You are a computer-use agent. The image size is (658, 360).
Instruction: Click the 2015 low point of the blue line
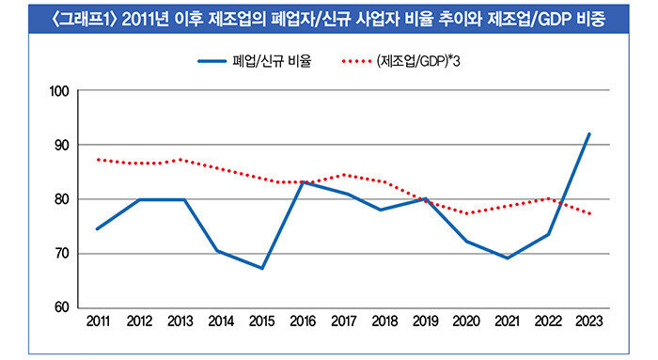coord(262,268)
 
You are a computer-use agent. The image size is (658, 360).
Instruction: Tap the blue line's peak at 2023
coord(589,133)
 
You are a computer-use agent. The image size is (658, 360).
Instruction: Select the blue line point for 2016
coord(303,182)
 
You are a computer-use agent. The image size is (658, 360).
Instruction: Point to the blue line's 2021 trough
coord(508,258)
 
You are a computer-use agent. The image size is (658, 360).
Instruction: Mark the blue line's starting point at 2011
coord(98,229)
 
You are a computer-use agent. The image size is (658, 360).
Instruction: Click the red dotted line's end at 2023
coord(590,213)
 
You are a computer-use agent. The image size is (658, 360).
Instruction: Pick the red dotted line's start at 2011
coord(98,160)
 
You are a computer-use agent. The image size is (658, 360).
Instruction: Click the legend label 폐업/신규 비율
coord(272,61)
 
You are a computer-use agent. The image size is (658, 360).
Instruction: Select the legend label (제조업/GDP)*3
coord(418,61)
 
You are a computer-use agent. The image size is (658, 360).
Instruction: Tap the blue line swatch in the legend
coord(211,61)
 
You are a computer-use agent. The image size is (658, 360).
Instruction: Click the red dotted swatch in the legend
coord(356,61)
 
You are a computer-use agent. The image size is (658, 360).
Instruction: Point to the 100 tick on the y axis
coord(59,91)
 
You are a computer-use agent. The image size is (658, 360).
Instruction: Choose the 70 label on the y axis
coord(61,254)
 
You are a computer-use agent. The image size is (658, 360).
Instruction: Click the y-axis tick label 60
coord(61,307)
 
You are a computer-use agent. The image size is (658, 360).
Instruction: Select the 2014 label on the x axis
coord(221,321)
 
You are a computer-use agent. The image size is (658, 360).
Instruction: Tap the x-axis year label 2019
coord(426,321)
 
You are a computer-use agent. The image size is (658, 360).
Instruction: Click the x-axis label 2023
coord(589,321)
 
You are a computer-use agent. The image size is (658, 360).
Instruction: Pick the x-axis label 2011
coord(98,321)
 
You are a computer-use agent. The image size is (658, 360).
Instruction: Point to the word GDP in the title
coord(556,20)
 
